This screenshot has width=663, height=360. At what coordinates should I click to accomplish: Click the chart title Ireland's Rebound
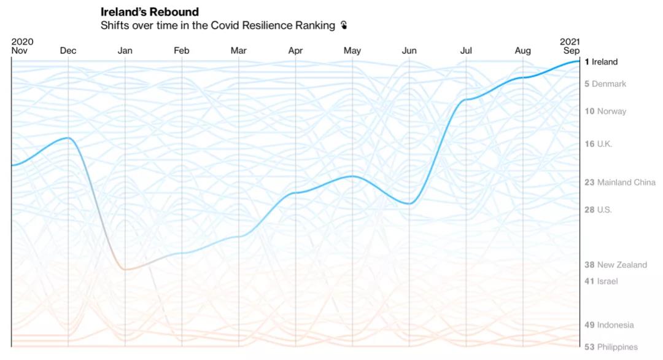tap(150, 12)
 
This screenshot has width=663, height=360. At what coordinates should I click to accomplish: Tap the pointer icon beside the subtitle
tap(344, 26)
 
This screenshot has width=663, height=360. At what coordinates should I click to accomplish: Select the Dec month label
tap(68, 51)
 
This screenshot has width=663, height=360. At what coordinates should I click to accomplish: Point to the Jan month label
tap(125, 51)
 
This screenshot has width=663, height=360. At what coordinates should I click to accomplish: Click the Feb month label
tap(182, 51)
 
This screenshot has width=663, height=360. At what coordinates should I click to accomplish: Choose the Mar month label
tap(239, 51)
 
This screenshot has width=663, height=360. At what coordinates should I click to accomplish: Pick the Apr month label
tap(295, 51)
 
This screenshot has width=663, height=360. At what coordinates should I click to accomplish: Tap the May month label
tap(352, 51)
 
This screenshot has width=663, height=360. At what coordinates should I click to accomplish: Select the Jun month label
tap(409, 51)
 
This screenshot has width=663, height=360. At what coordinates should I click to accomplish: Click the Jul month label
tap(466, 51)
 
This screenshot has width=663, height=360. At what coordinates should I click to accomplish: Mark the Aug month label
tap(523, 51)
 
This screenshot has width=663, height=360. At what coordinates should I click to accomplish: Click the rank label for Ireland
tap(601, 62)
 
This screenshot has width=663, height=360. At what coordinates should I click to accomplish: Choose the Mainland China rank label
tap(619, 182)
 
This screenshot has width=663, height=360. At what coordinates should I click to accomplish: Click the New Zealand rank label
tap(615, 265)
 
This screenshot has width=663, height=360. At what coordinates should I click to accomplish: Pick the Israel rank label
tap(601, 281)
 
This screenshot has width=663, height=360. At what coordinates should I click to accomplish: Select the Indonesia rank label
tap(609, 325)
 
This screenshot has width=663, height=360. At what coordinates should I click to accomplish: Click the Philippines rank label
tap(611, 347)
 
